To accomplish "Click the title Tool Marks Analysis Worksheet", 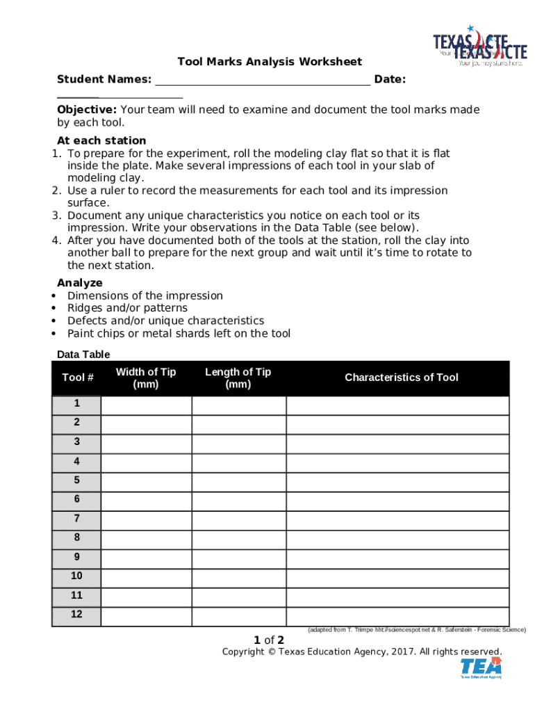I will (270, 62).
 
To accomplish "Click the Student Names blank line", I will (262, 80).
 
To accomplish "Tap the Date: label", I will (390, 80).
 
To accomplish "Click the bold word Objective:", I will (87, 110).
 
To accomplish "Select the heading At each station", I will (101, 140).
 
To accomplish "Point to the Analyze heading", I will (80, 283).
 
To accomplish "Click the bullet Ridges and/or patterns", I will (127, 308).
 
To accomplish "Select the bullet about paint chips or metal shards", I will (179, 333).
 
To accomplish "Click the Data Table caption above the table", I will (83, 355).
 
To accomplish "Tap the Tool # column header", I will (77, 378).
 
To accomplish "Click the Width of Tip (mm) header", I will (146, 378).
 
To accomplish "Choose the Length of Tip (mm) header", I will (238, 378).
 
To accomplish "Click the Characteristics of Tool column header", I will (402, 378).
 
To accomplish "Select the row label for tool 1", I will (76, 404).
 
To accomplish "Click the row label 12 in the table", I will (76, 615).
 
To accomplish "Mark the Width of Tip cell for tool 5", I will (146, 480).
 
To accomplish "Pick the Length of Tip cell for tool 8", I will (238, 537).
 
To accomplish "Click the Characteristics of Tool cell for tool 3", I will (397, 442).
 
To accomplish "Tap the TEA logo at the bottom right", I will (481, 667).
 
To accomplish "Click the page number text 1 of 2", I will (269, 640).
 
